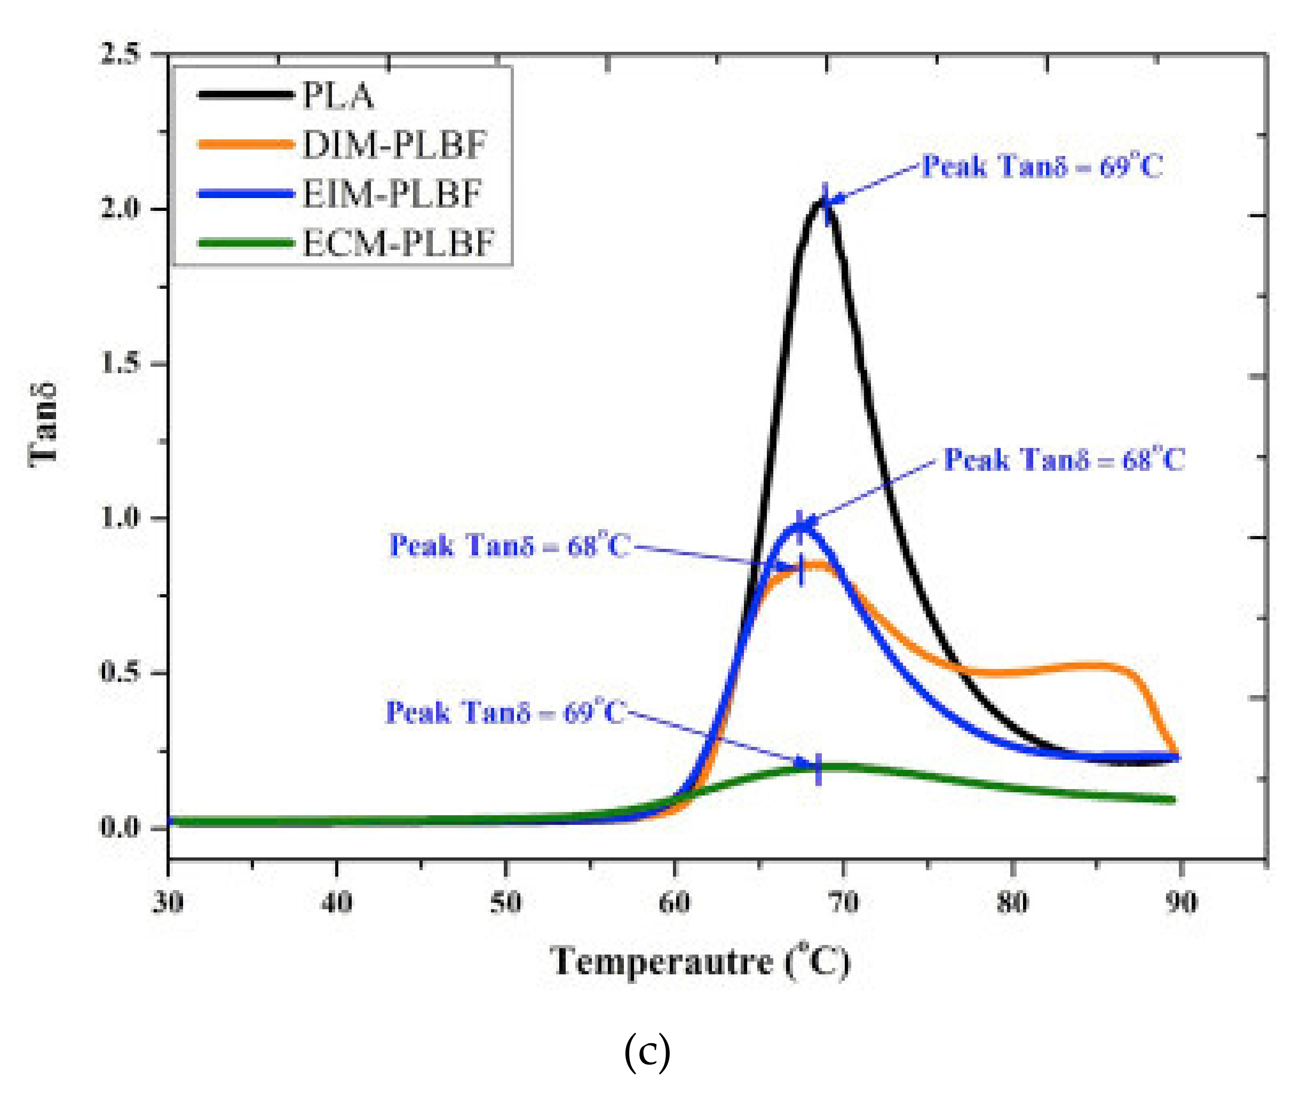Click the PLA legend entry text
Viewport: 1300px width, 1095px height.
tap(338, 96)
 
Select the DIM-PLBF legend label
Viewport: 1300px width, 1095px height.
tap(394, 145)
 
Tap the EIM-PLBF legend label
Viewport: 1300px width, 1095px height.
tap(392, 194)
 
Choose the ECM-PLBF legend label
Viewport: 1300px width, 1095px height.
tap(398, 243)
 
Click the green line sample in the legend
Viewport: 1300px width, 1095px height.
tap(245, 243)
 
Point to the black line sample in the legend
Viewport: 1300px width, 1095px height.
tap(245, 95)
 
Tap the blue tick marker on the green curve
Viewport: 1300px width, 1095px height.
tap(818, 768)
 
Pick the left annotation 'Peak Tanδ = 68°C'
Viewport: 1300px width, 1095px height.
tap(509, 546)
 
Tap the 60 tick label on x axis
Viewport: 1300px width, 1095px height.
tap(675, 902)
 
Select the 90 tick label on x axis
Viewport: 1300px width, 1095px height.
tap(1180, 902)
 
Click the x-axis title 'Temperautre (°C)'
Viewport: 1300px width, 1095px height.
tap(699, 962)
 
